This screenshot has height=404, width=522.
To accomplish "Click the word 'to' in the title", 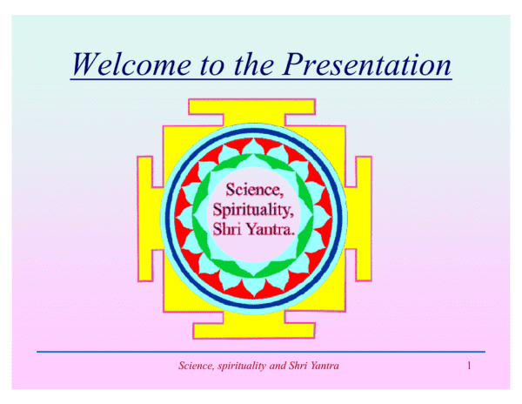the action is (213, 65).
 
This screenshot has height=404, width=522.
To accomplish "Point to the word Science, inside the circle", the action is (255, 190).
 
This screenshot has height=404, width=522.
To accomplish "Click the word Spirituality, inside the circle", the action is (253, 210).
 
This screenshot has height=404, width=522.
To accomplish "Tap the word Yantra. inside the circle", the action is (271, 229).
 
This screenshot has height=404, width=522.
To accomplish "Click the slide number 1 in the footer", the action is (469, 366).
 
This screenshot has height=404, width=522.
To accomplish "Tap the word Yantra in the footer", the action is (325, 366).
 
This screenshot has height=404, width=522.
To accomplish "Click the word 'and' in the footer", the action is (278, 366).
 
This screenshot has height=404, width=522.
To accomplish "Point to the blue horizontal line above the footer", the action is (261, 352).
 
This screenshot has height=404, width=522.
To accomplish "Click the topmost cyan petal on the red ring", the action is (253, 147).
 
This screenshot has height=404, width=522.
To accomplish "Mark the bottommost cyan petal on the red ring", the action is (254, 286).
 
